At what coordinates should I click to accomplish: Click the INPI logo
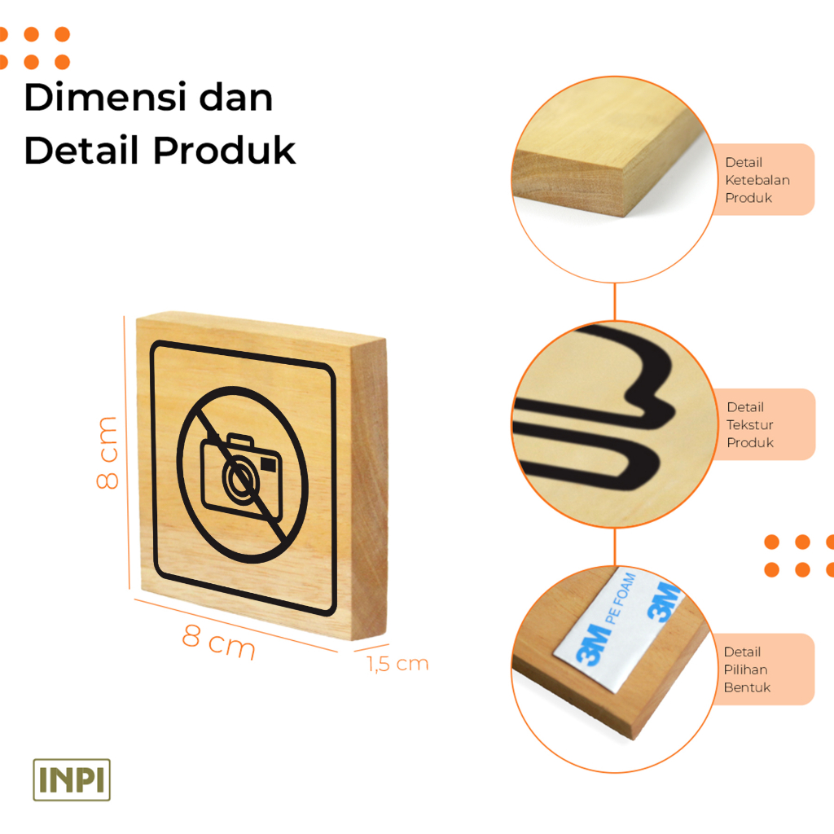click(x=72, y=779)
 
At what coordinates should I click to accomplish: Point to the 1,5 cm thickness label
click(x=397, y=664)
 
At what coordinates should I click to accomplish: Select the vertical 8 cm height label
click(x=108, y=453)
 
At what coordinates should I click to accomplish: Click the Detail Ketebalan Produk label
click(x=757, y=180)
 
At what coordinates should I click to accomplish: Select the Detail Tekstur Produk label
click(x=750, y=424)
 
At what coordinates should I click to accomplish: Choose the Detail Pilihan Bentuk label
click(x=746, y=669)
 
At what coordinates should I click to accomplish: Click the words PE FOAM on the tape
click(x=622, y=598)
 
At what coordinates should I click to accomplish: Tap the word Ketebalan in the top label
click(x=757, y=180)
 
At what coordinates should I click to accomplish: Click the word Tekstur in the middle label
click(x=750, y=424)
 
